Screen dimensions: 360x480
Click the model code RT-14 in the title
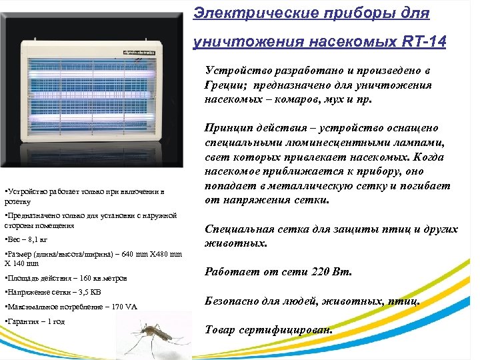(x=425, y=42)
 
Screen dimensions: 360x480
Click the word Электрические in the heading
(x=235, y=13)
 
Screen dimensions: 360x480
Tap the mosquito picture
(x=157, y=337)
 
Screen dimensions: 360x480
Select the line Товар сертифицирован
(x=269, y=330)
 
